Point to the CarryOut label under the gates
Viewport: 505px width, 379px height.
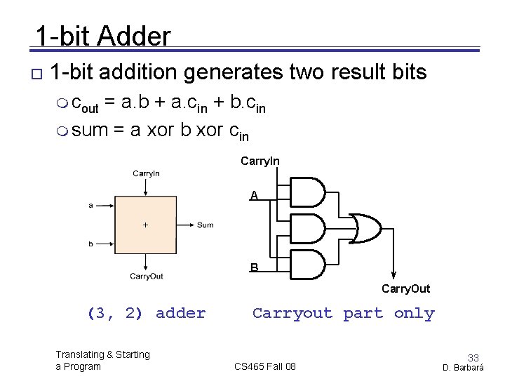(405, 288)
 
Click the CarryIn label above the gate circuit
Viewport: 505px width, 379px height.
(260, 161)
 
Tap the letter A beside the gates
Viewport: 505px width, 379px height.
(253, 195)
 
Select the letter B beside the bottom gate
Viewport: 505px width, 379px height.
(253, 267)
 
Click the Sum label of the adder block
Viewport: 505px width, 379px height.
(205, 225)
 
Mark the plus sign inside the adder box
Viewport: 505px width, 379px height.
(145, 225)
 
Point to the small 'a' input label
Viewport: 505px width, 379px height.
(90, 206)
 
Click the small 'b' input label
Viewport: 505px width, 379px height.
(90, 244)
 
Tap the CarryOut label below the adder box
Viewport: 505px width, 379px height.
(146, 277)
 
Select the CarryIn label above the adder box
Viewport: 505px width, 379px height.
(146, 173)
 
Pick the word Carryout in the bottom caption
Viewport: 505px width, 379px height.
(292, 314)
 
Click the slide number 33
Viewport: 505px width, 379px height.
(473, 358)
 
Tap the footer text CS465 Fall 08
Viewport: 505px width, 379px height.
(265, 366)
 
